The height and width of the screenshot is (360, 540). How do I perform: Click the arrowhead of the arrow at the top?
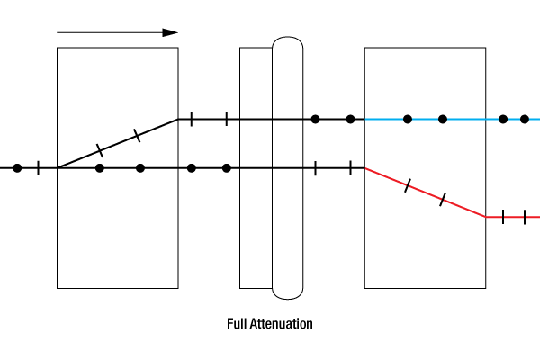(x=171, y=32)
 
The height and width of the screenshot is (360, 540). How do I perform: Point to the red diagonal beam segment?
(x=425, y=193)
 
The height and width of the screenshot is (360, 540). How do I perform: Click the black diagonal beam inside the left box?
(x=117, y=143)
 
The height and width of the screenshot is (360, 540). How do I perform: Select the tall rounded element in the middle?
(x=288, y=167)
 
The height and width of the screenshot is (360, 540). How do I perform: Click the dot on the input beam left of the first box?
(x=16, y=167)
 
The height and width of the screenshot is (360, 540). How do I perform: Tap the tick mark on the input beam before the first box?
(x=38, y=167)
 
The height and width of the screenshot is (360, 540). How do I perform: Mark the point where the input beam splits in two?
(x=58, y=167)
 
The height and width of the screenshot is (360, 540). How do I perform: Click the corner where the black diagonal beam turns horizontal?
(x=177, y=119)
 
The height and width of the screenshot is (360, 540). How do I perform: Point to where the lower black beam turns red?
(x=364, y=167)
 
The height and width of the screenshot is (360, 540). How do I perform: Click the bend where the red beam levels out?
(x=486, y=217)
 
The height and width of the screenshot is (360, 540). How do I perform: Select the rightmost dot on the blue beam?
(x=525, y=119)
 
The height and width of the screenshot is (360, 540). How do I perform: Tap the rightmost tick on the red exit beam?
(x=525, y=217)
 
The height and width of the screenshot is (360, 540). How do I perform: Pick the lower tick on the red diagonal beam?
(x=442, y=200)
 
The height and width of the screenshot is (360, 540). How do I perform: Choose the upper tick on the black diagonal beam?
(x=136, y=135)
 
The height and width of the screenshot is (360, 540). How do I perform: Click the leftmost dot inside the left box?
(x=100, y=167)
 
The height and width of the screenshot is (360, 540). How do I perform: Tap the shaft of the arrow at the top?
(x=108, y=32)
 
